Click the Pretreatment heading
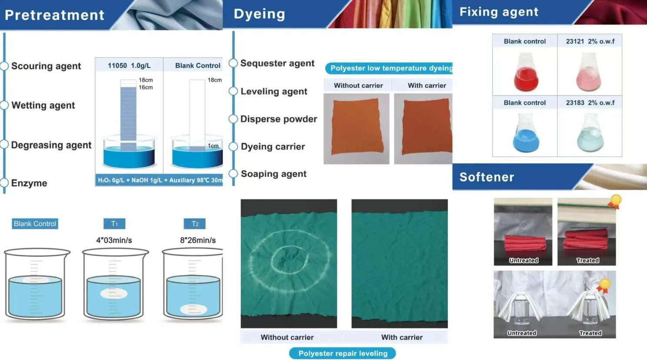pyautogui.click(x=55, y=15)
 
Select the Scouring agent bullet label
pyautogui.click(x=46, y=66)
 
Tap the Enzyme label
pyautogui.click(x=29, y=183)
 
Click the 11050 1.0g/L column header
pyautogui.click(x=129, y=66)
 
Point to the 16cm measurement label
pyautogui.click(x=146, y=87)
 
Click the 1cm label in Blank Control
pyautogui.click(x=213, y=146)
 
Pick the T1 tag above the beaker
pyautogui.click(x=114, y=224)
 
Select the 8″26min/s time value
pyautogui.click(x=198, y=240)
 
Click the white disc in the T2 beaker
pyautogui.click(x=194, y=310)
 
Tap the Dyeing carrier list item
pyautogui.click(x=273, y=147)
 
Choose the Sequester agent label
pyautogui.click(x=277, y=63)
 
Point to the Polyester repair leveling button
pyautogui.click(x=343, y=353)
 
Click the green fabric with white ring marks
pyautogui.click(x=289, y=263)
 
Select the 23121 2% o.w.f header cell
pyautogui.click(x=590, y=41)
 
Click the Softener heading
pyautogui.click(x=487, y=177)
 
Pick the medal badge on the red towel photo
pyautogui.click(x=615, y=201)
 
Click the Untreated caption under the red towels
pyautogui.click(x=524, y=260)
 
